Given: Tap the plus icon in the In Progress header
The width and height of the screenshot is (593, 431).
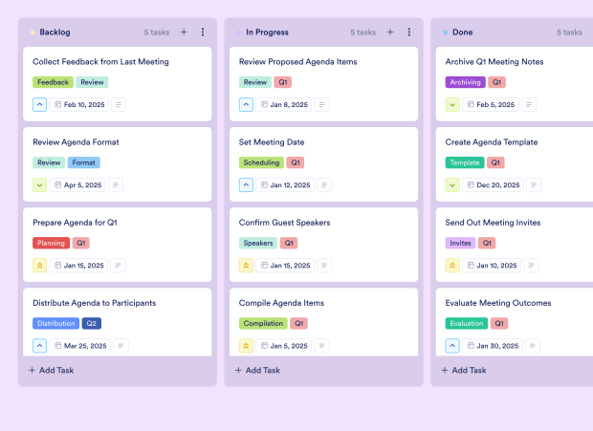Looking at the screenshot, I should (390, 32).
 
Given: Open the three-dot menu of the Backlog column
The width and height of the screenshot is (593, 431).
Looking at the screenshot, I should (203, 32).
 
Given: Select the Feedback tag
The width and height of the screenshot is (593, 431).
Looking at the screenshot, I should (53, 82).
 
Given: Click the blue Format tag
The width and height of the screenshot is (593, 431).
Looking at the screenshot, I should (83, 162).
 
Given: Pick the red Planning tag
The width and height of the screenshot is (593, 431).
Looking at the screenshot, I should (51, 243).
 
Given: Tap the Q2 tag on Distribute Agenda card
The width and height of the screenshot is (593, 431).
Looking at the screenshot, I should (91, 323).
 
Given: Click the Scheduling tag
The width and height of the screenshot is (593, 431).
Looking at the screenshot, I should (261, 162).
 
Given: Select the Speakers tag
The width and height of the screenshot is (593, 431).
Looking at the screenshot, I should (258, 243).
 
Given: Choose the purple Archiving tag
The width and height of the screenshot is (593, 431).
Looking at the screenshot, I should (466, 82).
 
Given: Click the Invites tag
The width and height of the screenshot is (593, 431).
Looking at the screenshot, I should (461, 243).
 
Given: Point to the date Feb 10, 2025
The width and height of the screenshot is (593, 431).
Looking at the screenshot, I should (79, 105).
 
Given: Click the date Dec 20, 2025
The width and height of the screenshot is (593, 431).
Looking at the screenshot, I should (493, 185).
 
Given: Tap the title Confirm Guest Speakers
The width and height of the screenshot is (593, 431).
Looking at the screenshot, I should (285, 223).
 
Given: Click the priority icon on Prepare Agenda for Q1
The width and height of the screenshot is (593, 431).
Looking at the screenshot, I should (39, 266).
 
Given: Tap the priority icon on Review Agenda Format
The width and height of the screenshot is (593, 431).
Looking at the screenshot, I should (39, 185).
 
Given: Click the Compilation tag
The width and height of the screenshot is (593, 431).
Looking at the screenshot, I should (263, 323).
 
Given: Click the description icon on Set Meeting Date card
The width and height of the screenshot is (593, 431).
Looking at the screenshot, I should (323, 185).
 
